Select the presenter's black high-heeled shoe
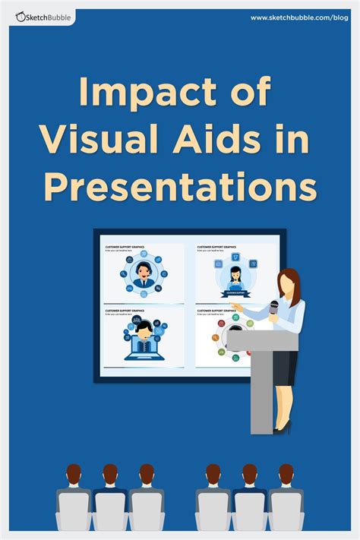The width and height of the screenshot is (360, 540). tap(283, 428)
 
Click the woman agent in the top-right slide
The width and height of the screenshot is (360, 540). tap(235, 274)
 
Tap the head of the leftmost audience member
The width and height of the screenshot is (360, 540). tap(74, 474)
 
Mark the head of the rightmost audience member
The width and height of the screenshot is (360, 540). tap(286, 474)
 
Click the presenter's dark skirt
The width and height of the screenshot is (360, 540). tap(286, 369)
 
